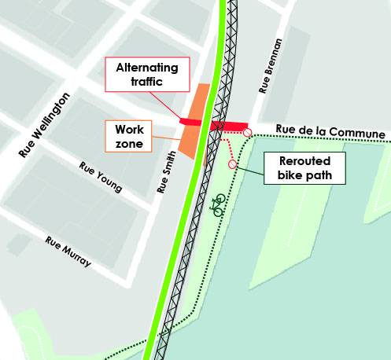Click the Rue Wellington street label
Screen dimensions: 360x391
click(x=45, y=124)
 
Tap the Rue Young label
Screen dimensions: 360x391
click(x=101, y=177)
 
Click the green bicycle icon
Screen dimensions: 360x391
click(x=219, y=205)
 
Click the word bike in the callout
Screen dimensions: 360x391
click(x=290, y=174)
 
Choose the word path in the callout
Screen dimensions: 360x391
click(x=318, y=174)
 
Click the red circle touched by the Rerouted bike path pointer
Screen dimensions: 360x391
click(x=232, y=164)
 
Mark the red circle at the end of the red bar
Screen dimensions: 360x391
click(x=248, y=133)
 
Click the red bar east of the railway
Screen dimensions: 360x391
click(x=229, y=127)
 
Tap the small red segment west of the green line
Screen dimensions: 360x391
click(x=191, y=122)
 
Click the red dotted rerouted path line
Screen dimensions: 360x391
click(x=228, y=145)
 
